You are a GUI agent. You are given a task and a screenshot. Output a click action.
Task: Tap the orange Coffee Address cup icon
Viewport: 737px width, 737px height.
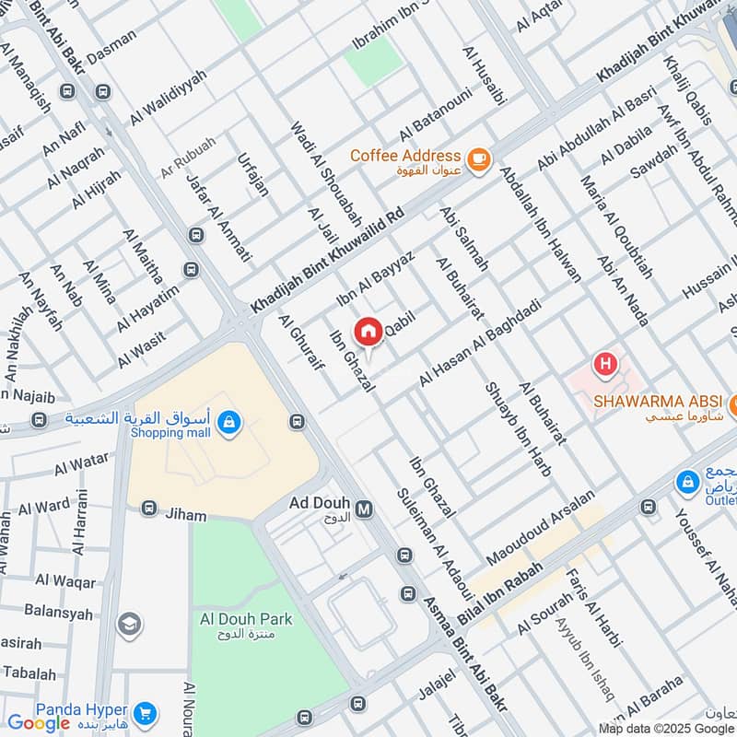click(477, 160)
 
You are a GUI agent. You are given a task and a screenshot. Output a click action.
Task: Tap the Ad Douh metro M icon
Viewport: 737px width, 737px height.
click(364, 509)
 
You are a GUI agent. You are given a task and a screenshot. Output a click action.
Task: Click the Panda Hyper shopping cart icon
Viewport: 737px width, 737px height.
click(143, 713)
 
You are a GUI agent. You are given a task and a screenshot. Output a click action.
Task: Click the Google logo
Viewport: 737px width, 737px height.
click(39, 723)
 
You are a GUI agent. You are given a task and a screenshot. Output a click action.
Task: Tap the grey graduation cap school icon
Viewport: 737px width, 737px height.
click(130, 625)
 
